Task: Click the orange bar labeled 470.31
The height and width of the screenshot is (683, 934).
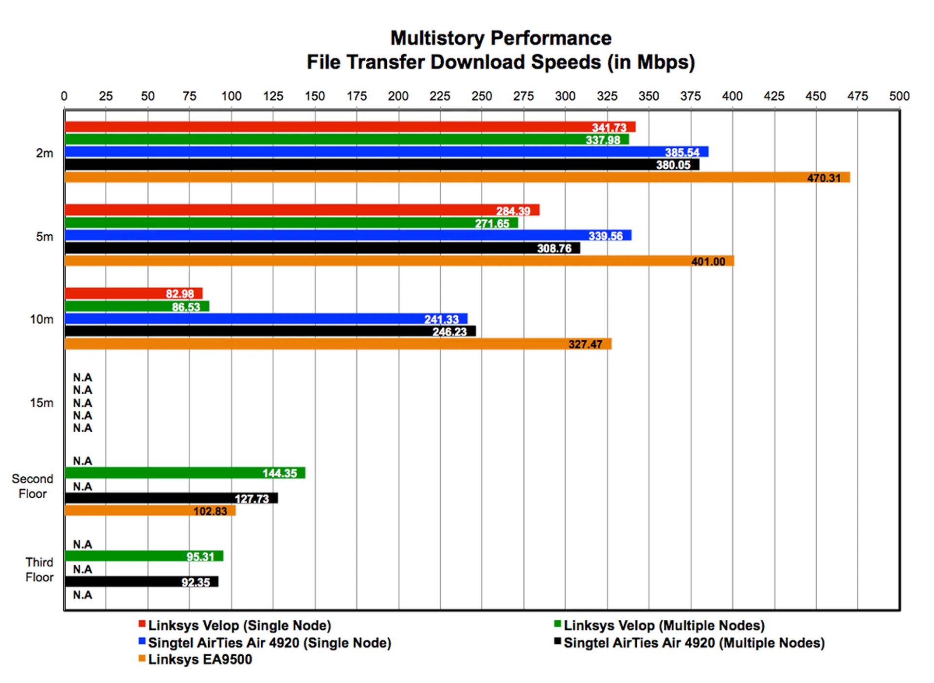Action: pos(457,177)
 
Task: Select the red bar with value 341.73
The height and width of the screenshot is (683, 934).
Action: pos(350,127)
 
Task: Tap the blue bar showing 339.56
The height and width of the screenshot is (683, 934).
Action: pos(348,235)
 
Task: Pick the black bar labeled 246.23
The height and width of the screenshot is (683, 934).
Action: pos(270,332)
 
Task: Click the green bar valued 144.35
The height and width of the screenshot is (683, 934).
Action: pos(185,473)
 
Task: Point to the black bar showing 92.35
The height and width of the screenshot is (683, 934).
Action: pos(141,581)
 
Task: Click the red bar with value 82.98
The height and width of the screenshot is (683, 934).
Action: pos(134,294)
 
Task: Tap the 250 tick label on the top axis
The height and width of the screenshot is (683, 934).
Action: pos(482,96)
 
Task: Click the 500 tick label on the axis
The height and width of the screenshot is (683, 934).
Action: pos(899,96)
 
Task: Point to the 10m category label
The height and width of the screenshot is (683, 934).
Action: pos(42,319)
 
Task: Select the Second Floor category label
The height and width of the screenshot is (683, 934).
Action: pos(33,486)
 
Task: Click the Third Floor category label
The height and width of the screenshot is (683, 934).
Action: pos(39,570)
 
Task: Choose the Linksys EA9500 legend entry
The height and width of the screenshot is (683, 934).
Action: pos(200,660)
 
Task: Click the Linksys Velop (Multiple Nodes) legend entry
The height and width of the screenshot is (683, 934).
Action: pos(664,626)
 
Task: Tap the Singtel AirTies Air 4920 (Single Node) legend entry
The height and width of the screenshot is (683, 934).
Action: pos(269,643)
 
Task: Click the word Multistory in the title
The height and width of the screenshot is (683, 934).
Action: pos(437,38)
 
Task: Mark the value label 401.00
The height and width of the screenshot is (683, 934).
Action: pos(708,262)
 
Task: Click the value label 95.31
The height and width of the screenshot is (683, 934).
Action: pos(200,557)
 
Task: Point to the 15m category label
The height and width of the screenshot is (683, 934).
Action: pos(42,403)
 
